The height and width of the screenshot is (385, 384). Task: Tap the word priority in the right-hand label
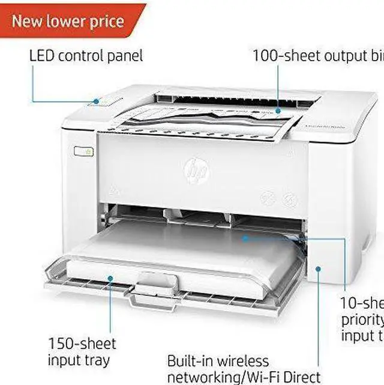[362, 319]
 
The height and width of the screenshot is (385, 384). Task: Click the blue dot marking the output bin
[278, 111]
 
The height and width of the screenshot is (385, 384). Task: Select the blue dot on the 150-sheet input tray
[110, 278]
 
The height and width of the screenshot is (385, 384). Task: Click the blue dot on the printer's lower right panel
[319, 268]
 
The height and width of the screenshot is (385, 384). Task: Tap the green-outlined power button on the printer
[85, 151]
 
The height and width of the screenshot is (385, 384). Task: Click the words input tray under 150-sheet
[79, 360]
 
